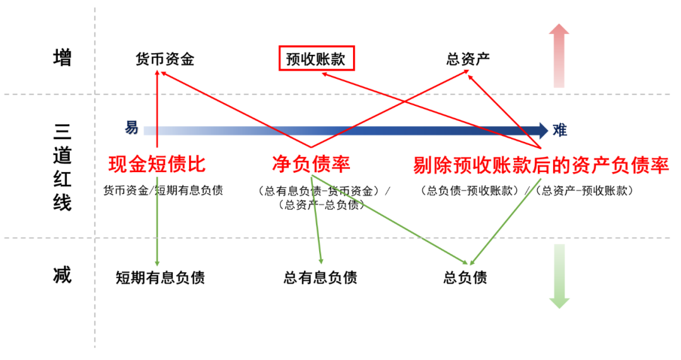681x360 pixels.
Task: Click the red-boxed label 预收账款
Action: pyautogui.click(x=317, y=60)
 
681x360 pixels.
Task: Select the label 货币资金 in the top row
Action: pyautogui.click(x=165, y=60)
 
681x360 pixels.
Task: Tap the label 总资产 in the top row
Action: pyautogui.click(x=468, y=60)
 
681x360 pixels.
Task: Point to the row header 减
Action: pyautogui.click(x=62, y=276)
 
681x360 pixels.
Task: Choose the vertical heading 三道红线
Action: pyautogui.click(x=62, y=166)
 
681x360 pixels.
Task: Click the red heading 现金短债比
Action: pyautogui.click(x=157, y=165)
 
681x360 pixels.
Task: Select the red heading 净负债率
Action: pyautogui.click(x=311, y=165)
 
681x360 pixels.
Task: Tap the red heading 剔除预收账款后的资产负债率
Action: pyautogui.click(x=540, y=166)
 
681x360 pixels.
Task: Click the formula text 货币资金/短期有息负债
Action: pyautogui.click(x=163, y=190)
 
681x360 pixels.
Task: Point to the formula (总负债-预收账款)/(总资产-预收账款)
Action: pyautogui.click(x=527, y=190)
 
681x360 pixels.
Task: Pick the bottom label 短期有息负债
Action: pyautogui.click(x=160, y=277)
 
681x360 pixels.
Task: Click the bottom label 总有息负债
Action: pyautogui.click(x=320, y=277)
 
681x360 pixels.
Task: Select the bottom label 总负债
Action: pyautogui.click(x=465, y=277)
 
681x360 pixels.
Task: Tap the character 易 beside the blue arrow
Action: pyautogui.click(x=131, y=128)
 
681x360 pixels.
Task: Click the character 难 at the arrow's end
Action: pyautogui.click(x=559, y=131)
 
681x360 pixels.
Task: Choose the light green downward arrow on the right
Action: pyautogui.click(x=559, y=277)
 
